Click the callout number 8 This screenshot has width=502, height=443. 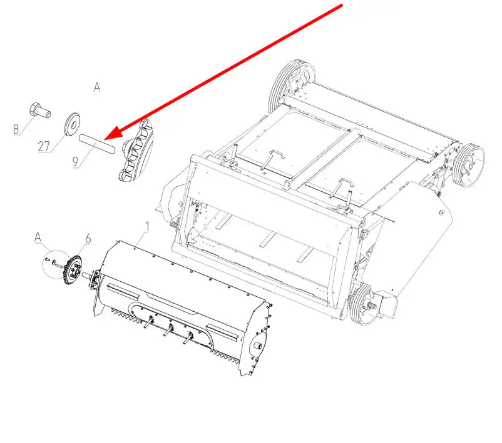[x=16, y=129]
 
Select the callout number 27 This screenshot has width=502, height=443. [x=44, y=146]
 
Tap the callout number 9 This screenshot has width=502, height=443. [x=76, y=162]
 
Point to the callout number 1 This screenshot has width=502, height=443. [x=147, y=227]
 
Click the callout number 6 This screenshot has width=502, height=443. [x=88, y=239]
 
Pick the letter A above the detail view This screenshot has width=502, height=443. [x=97, y=87]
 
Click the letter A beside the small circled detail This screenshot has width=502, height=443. [x=38, y=237]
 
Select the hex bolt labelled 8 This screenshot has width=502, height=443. [x=39, y=111]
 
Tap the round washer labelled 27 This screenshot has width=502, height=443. [x=72, y=124]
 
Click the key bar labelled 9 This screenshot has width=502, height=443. [x=96, y=144]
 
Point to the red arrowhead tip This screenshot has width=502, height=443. [x=105, y=140]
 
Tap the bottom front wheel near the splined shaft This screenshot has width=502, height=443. [x=362, y=304]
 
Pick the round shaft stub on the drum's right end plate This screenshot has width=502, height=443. [x=258, y=346]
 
